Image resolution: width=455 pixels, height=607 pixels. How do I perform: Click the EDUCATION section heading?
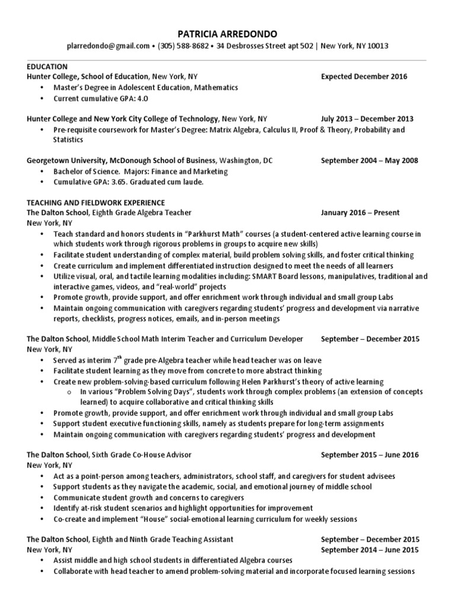47,66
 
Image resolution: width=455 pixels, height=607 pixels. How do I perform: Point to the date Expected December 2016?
364,76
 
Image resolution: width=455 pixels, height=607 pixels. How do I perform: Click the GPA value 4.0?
142,98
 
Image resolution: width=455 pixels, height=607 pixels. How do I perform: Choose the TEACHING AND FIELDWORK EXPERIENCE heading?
96,203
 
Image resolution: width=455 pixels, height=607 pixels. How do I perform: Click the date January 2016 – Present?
360,212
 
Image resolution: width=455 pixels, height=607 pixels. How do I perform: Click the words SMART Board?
268,276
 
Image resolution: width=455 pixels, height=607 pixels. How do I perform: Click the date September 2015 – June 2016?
370,455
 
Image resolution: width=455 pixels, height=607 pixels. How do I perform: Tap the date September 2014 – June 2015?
370,550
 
